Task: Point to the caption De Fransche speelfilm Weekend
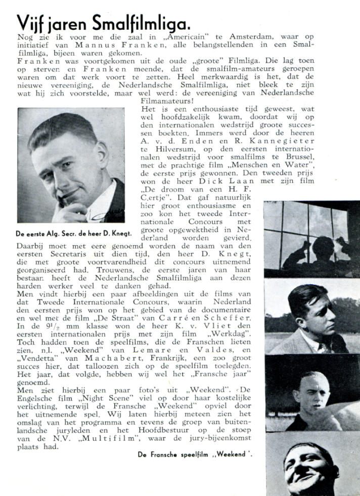point(195,454)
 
